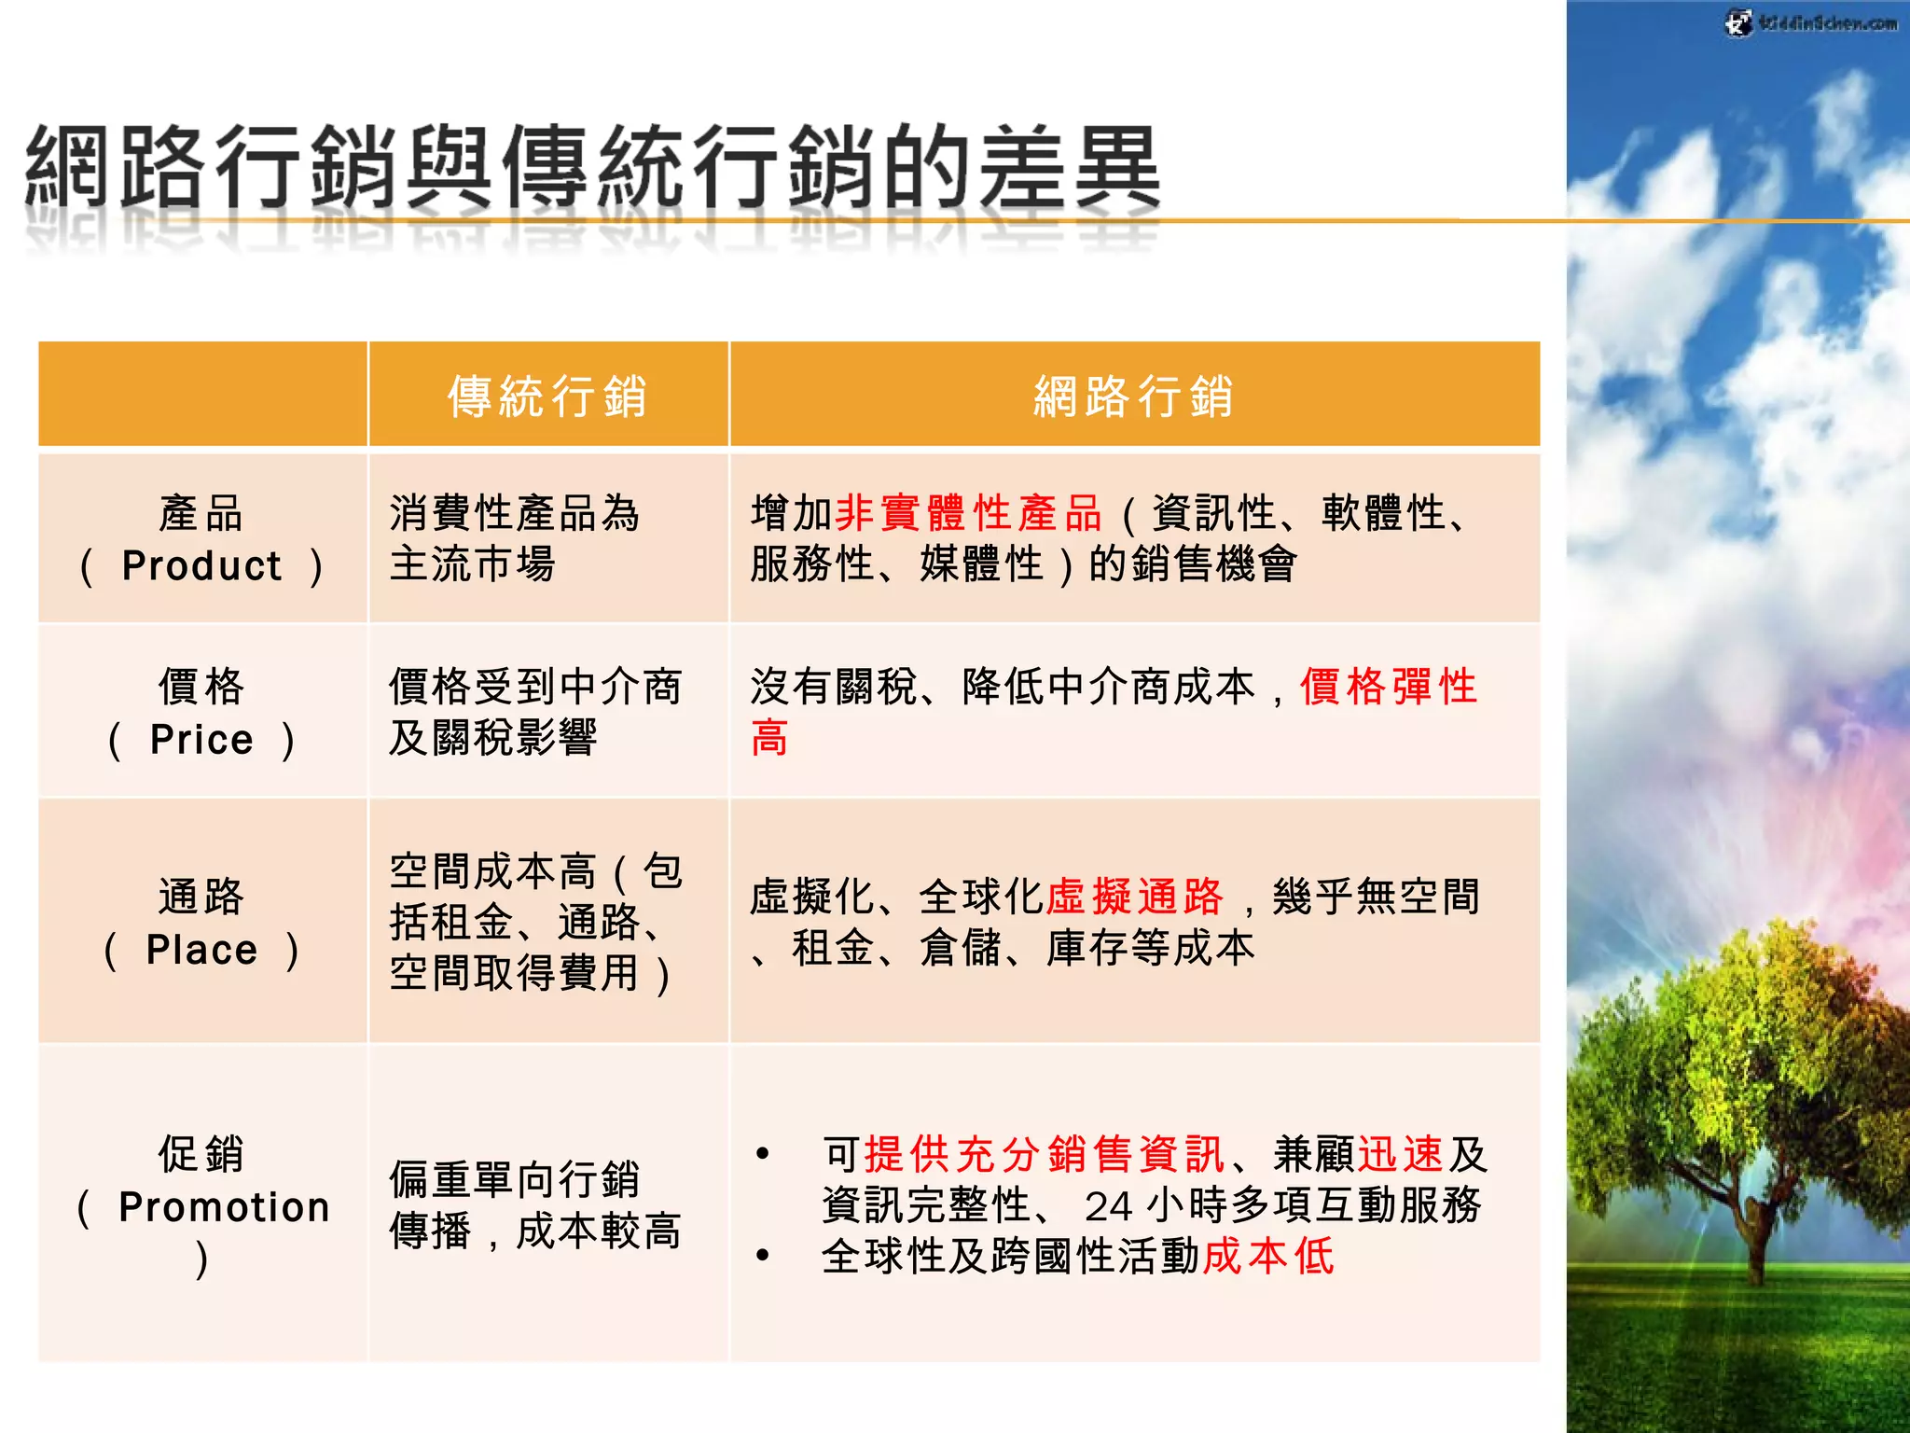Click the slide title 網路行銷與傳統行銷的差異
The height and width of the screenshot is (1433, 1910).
coord(592,168)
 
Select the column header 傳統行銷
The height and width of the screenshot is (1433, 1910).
coord(547,396)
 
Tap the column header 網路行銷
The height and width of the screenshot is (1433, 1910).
coord(1133,396)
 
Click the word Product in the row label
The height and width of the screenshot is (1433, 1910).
coord(201,566)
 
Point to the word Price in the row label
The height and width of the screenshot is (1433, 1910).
coord(201,740)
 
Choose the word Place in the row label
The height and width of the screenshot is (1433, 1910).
coord(201,951)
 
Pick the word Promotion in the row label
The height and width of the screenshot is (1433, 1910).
coord(224,1207)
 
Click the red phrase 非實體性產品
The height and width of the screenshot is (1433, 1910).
coord(969,513)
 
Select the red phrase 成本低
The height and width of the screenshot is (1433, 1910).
coord(1268,1256)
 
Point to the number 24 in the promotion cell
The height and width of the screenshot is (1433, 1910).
coord(1108,1206)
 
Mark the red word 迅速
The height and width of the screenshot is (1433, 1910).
coord(1401,1155)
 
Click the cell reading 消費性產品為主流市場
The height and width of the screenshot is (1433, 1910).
coord(513,538)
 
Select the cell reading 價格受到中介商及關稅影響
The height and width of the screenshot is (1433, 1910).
coord(534,712)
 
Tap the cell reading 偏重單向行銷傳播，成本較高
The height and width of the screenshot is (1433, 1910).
coord(534,1204)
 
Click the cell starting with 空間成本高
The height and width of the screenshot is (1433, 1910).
coord(534,922)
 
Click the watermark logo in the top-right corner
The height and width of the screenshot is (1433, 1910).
coord(1809,22)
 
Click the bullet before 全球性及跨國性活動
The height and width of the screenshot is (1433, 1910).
coord(764,1256)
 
